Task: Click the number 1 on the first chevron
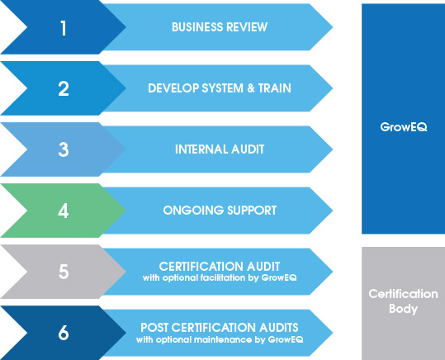pos(64,28)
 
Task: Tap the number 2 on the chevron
pos(64,88)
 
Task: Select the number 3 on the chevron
pos(64,149)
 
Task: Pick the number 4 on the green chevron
pos(64,211)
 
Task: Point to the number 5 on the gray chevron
pos(64,272)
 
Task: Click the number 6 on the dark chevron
pos(64,333)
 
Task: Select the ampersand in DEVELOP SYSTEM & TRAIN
pos(251,88)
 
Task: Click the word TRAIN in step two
pos(275,88)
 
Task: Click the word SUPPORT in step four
pos(252,211)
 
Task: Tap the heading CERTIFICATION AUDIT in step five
pos(220,267)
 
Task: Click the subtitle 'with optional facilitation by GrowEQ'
pos(220,277)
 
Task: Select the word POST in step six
pos(154,328)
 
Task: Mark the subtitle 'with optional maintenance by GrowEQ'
pos(220,339)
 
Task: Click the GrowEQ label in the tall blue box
pos(403,127)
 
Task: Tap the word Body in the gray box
pos(403,309)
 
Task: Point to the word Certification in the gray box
pos(403,294)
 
